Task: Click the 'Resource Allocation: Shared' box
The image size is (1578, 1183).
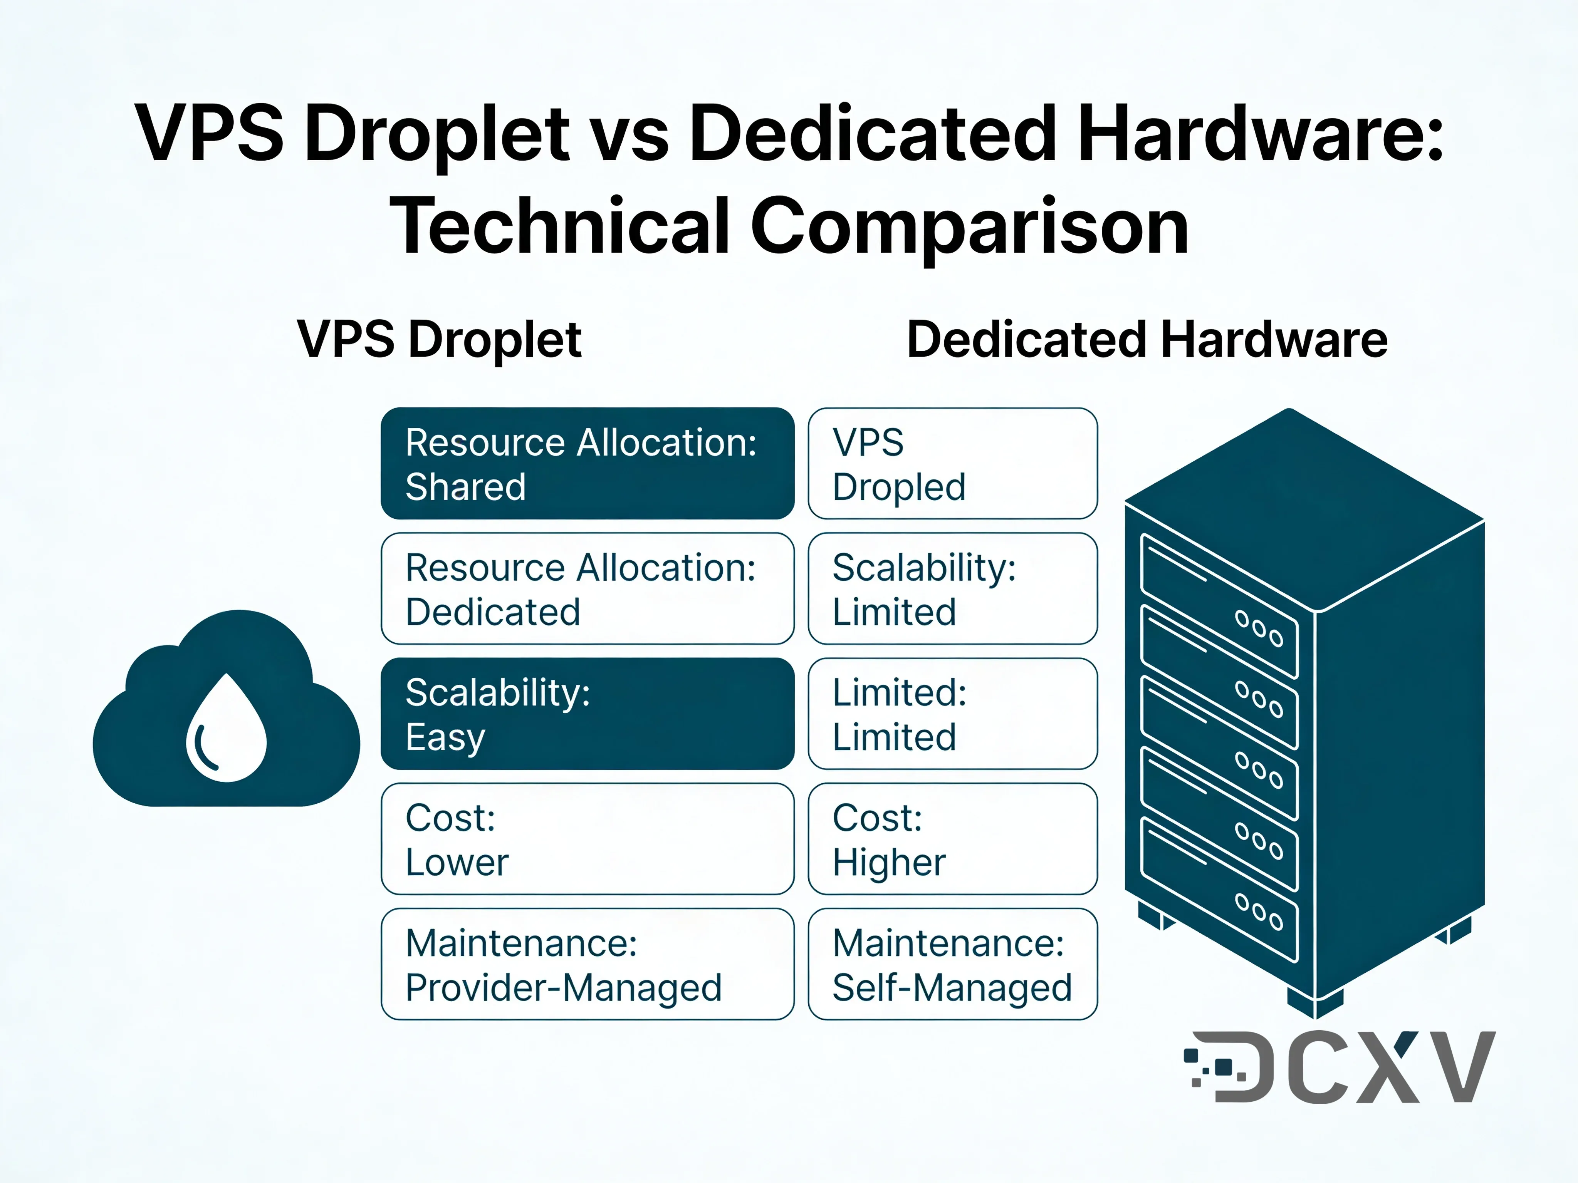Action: click(587, 464)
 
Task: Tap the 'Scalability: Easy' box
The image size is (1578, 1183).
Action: click(587, 714)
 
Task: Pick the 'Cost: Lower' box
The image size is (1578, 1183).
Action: click(587, 839)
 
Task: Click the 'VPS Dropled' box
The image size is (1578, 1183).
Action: click(952, 464)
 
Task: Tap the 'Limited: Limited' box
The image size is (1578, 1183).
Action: click(952, 714)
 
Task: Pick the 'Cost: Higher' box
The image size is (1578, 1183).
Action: click(952, 839)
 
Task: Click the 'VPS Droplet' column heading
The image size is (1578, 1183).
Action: click(440, 339)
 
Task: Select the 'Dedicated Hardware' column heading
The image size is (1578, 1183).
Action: click(1147, 339)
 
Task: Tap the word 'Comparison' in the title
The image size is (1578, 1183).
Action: click(969, 227)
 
